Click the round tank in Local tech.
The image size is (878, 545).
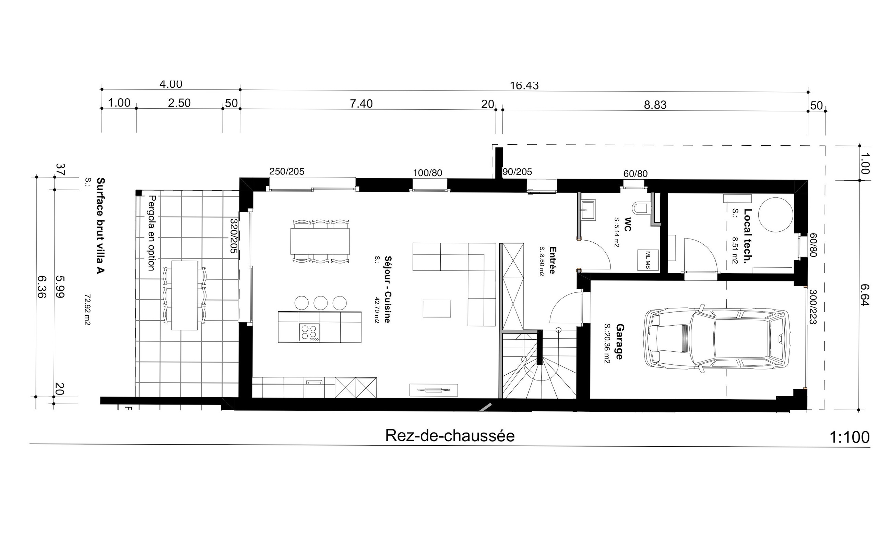[775, 215]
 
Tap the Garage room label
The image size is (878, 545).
[619, 341]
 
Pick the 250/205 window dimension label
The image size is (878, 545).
[287, 172]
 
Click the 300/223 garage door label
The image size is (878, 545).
[813, 307]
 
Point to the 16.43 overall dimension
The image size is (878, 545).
[524, 86]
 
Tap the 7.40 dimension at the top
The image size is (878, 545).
[361, 104]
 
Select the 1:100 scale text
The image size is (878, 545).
[849, 438]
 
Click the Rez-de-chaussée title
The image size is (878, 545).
[450, 436]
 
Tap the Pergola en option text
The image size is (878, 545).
[152, 233]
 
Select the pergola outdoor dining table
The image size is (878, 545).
[185, 295]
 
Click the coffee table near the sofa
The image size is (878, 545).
[436, 308]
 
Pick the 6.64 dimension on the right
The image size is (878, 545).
[864, 295]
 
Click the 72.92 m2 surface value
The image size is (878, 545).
[87, 310]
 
